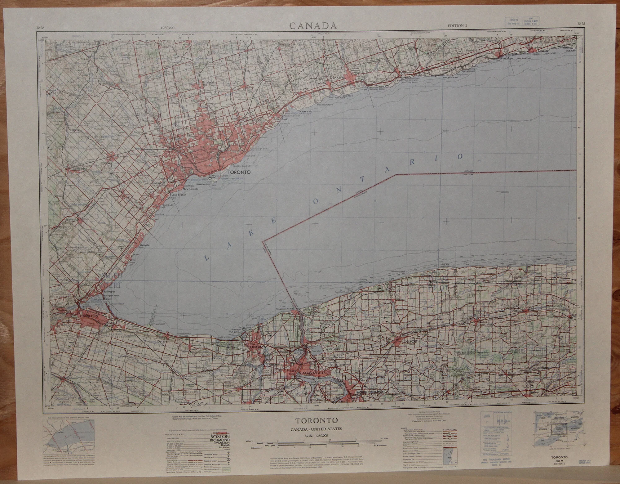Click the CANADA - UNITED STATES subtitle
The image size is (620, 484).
316,429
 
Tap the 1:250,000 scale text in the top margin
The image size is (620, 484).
167,28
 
